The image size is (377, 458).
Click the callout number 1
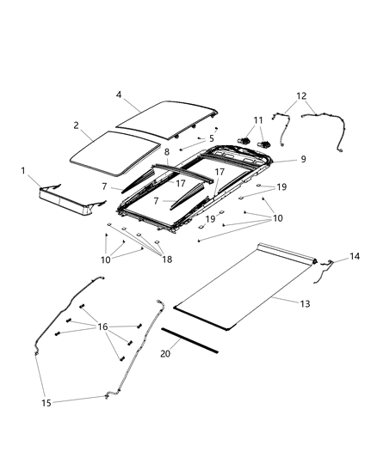click(23, 171)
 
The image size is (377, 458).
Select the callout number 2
click(77, 125)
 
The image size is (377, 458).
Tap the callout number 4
click(120, 95)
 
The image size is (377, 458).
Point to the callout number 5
click(211, 137)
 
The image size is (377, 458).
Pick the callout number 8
click(167, 151)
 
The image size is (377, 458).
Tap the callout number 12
click(300, 95)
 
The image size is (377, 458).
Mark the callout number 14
click(355, 256)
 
